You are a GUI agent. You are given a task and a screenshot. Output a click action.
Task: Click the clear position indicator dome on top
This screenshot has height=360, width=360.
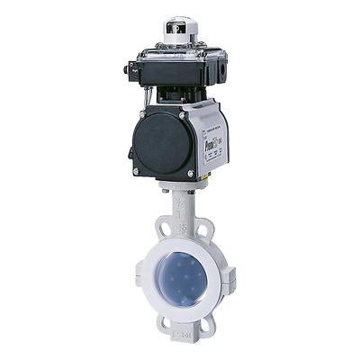(x=180, y=29)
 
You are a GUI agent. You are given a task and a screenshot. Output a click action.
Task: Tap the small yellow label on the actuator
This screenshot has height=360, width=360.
(x=204, y=175)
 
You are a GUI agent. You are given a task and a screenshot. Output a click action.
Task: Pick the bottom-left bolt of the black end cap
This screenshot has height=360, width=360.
(x=137, y=170)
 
